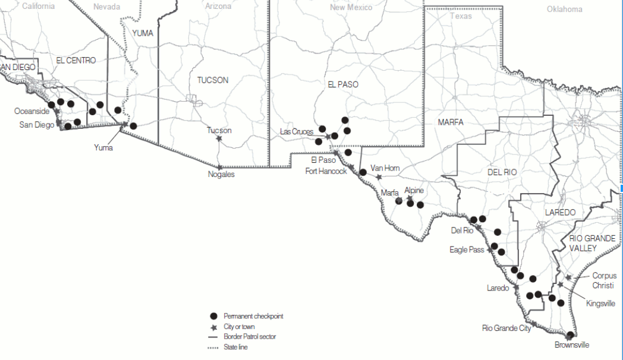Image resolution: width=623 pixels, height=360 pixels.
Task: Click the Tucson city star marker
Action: pos(219,138)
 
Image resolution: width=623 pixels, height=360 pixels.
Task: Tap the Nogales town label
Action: pos(221,175)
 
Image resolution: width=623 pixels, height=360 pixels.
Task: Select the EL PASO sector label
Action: pos(343,84)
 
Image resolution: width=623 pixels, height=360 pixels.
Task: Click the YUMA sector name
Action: pos(143,33)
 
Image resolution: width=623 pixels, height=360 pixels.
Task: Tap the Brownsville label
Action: pos(572,345)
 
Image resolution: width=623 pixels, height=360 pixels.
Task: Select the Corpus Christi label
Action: pos(604,280)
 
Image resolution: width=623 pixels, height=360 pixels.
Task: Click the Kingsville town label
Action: pos(600,304)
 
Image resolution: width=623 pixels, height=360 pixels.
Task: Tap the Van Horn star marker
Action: pos(379,177)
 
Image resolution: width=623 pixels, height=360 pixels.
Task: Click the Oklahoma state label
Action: pos(564,9)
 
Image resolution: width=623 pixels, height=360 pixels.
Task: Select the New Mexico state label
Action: pos(351,8)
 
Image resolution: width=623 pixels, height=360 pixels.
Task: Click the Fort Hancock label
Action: pos(326,171)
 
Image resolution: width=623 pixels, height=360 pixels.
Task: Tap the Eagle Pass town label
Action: pos(467,250)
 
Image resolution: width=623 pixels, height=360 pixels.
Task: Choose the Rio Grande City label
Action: pos(505,328)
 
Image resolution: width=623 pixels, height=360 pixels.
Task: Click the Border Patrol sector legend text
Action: pos(250,337)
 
